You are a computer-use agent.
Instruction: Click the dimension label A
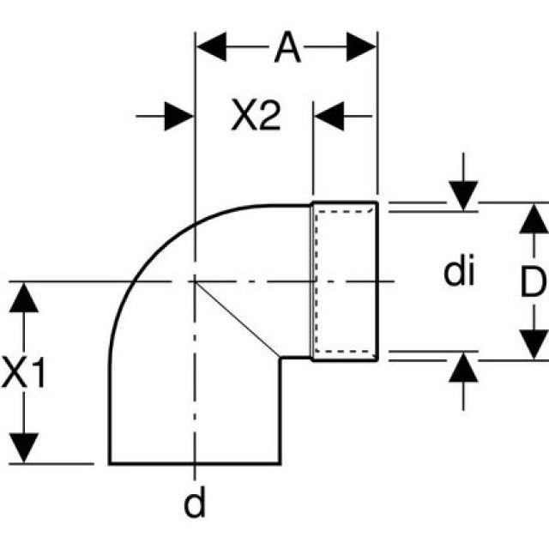coord(287,49)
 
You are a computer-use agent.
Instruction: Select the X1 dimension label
coord(26,374)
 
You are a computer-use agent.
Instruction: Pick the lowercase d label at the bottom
coord(196,504)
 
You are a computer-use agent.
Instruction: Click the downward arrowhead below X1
coord(27,446)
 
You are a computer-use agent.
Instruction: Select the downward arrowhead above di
coord(462,194)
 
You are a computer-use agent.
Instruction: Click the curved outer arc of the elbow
coord(142,257)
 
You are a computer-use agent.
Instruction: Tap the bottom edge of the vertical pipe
coord(195,463)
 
